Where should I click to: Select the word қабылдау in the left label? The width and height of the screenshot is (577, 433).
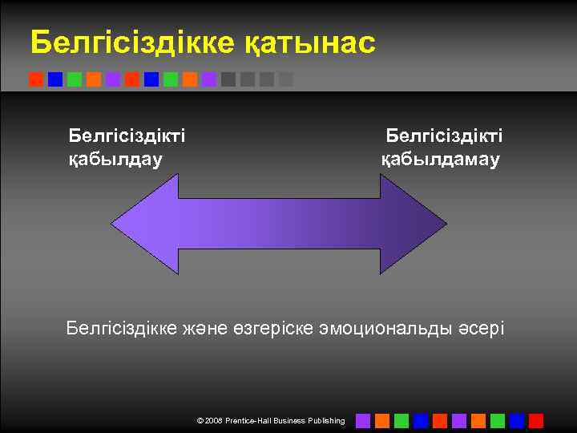pos(115,159)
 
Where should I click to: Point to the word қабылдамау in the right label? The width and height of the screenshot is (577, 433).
pos(440,159)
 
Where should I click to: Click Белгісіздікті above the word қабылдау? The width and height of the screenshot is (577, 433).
pos(127,135)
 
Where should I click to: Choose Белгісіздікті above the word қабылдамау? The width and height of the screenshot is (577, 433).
pos(444,135)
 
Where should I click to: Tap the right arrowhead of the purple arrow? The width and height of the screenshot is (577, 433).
pos(413,225)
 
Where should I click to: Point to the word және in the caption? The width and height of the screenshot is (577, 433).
pos(210,328)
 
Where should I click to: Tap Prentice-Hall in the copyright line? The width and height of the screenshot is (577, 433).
pos(250,421)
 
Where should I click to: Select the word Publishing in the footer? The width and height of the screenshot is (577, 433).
pos(326,421)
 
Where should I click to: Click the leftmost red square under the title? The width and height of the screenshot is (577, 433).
pos(36,79)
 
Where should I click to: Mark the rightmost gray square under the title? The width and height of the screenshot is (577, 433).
pos(286,79)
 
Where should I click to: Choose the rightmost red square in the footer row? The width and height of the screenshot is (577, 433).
pos(536,421)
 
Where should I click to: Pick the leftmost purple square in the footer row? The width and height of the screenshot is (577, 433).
pos(363,421)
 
